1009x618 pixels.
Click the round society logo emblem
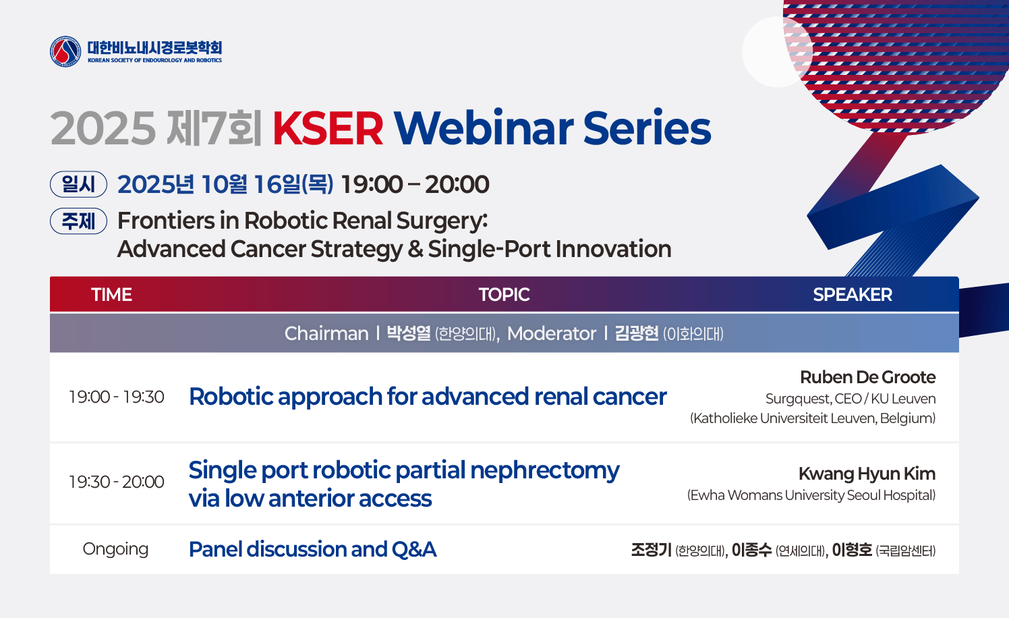[x=65, y=51]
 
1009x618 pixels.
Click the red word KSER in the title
[x=328, y=129]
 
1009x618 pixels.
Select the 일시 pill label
[x=78, y=184]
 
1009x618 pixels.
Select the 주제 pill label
[x=78, y=221]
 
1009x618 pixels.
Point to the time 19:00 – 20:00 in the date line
[x=415, y=184]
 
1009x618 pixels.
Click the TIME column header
[x=112, y=295]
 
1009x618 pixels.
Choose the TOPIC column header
[x=504, y=295]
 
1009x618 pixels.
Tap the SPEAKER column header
[x=853, y=295]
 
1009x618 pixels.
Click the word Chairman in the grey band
[x=326, y=334]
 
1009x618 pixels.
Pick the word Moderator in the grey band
[x=551, y=334]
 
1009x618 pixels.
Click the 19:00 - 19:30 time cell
[x=116, y=397]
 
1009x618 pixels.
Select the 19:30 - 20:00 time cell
[x=116, y=482]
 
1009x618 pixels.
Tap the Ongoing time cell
[x=115, y=550]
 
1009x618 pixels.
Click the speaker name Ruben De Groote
[x=867, y=377]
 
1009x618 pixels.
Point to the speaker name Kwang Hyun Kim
[x=867, y=474]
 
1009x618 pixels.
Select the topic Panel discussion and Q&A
[x=312, y=549]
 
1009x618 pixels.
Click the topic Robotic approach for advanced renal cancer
[x=428, y=397]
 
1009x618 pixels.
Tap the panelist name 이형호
[x=852, y=550]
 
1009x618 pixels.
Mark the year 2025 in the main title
[x=103, y=129]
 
